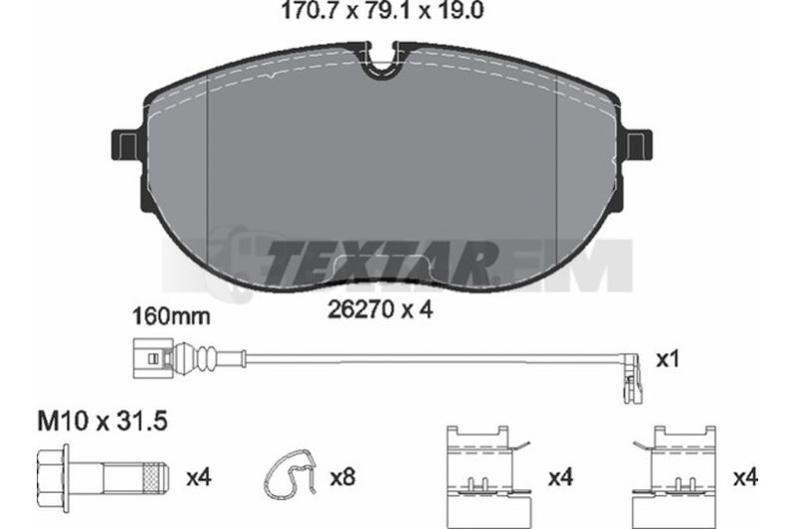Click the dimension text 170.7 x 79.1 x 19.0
[x=382, y=11]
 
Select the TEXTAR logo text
[x=380, y=263]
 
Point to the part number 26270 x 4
[x=380, y=309]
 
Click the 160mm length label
[x=171, y=317]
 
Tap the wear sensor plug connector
[x=153, y=359]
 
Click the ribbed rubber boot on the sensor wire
[x=208, y=359]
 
